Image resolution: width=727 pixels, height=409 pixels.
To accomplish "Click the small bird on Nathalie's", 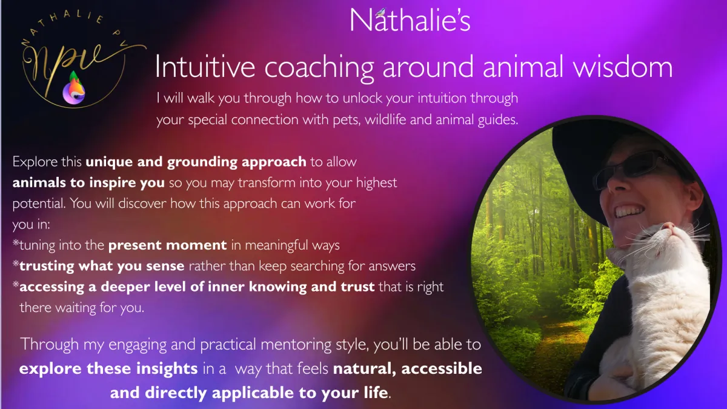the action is (x=380, y=12).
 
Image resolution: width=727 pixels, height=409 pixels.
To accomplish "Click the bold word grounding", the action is (x=202, y=162).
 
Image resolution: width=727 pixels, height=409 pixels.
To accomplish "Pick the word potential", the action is (x=39, y=204).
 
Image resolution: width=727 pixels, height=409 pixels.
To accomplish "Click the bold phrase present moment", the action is (x=167, y=245).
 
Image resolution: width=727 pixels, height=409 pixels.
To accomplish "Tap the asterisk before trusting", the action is (x=16, y=264).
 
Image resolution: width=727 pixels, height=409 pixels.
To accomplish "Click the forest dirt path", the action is (x=562, y=338).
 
